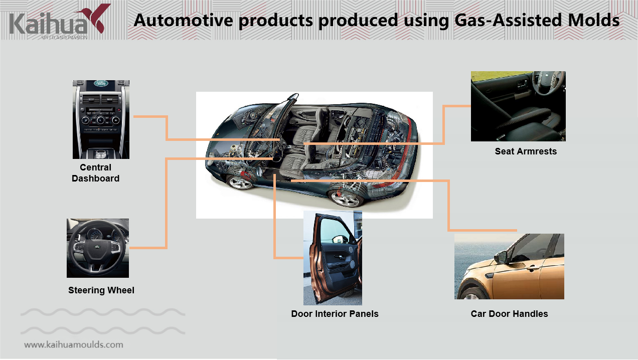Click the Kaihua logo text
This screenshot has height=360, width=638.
49,24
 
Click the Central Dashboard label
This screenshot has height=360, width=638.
95,173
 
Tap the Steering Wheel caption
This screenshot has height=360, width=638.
101,290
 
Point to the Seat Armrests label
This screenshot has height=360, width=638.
526,151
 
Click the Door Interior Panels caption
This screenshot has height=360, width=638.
335,313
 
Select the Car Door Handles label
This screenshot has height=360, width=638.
509,313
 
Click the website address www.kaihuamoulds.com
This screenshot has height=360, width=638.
74,345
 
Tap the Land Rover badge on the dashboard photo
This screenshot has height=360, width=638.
101,83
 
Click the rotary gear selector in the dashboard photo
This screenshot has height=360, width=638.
100,154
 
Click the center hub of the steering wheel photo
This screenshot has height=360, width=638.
97,247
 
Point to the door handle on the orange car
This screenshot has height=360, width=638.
532,268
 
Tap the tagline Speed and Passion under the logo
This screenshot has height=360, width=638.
64,38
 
